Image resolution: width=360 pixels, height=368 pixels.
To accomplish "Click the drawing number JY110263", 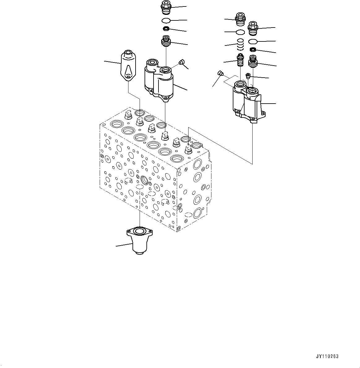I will pyautogui.click(x=327, y=357).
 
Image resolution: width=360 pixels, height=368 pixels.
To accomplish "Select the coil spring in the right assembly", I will pyautogui.click(x=241, y=45).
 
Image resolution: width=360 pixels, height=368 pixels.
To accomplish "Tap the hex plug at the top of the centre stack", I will pyautogui.click(x=166, y=7).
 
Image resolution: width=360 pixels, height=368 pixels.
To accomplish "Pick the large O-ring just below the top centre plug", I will pyautogui.click(x=166, y=20).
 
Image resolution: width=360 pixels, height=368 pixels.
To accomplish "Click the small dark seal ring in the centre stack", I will pyautogui.click(x=166, y=29).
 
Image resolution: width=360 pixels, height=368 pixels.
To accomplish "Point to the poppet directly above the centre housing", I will pyautogui.click(x=166, y=41).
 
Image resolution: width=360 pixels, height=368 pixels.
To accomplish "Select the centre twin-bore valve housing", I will pyautogui.click(x=159, y=79).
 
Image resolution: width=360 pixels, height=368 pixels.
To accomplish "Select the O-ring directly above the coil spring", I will pyautogui.click(x=241, y=32).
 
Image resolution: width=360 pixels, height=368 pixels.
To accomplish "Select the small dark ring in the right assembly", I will pyautogui.click(x=253, y=50).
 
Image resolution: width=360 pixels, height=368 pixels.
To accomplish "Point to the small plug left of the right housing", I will pyautogui.click(x=221, y=73).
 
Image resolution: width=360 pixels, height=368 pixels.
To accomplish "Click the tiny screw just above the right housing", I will pyautogui.click(x=248, y=75).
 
